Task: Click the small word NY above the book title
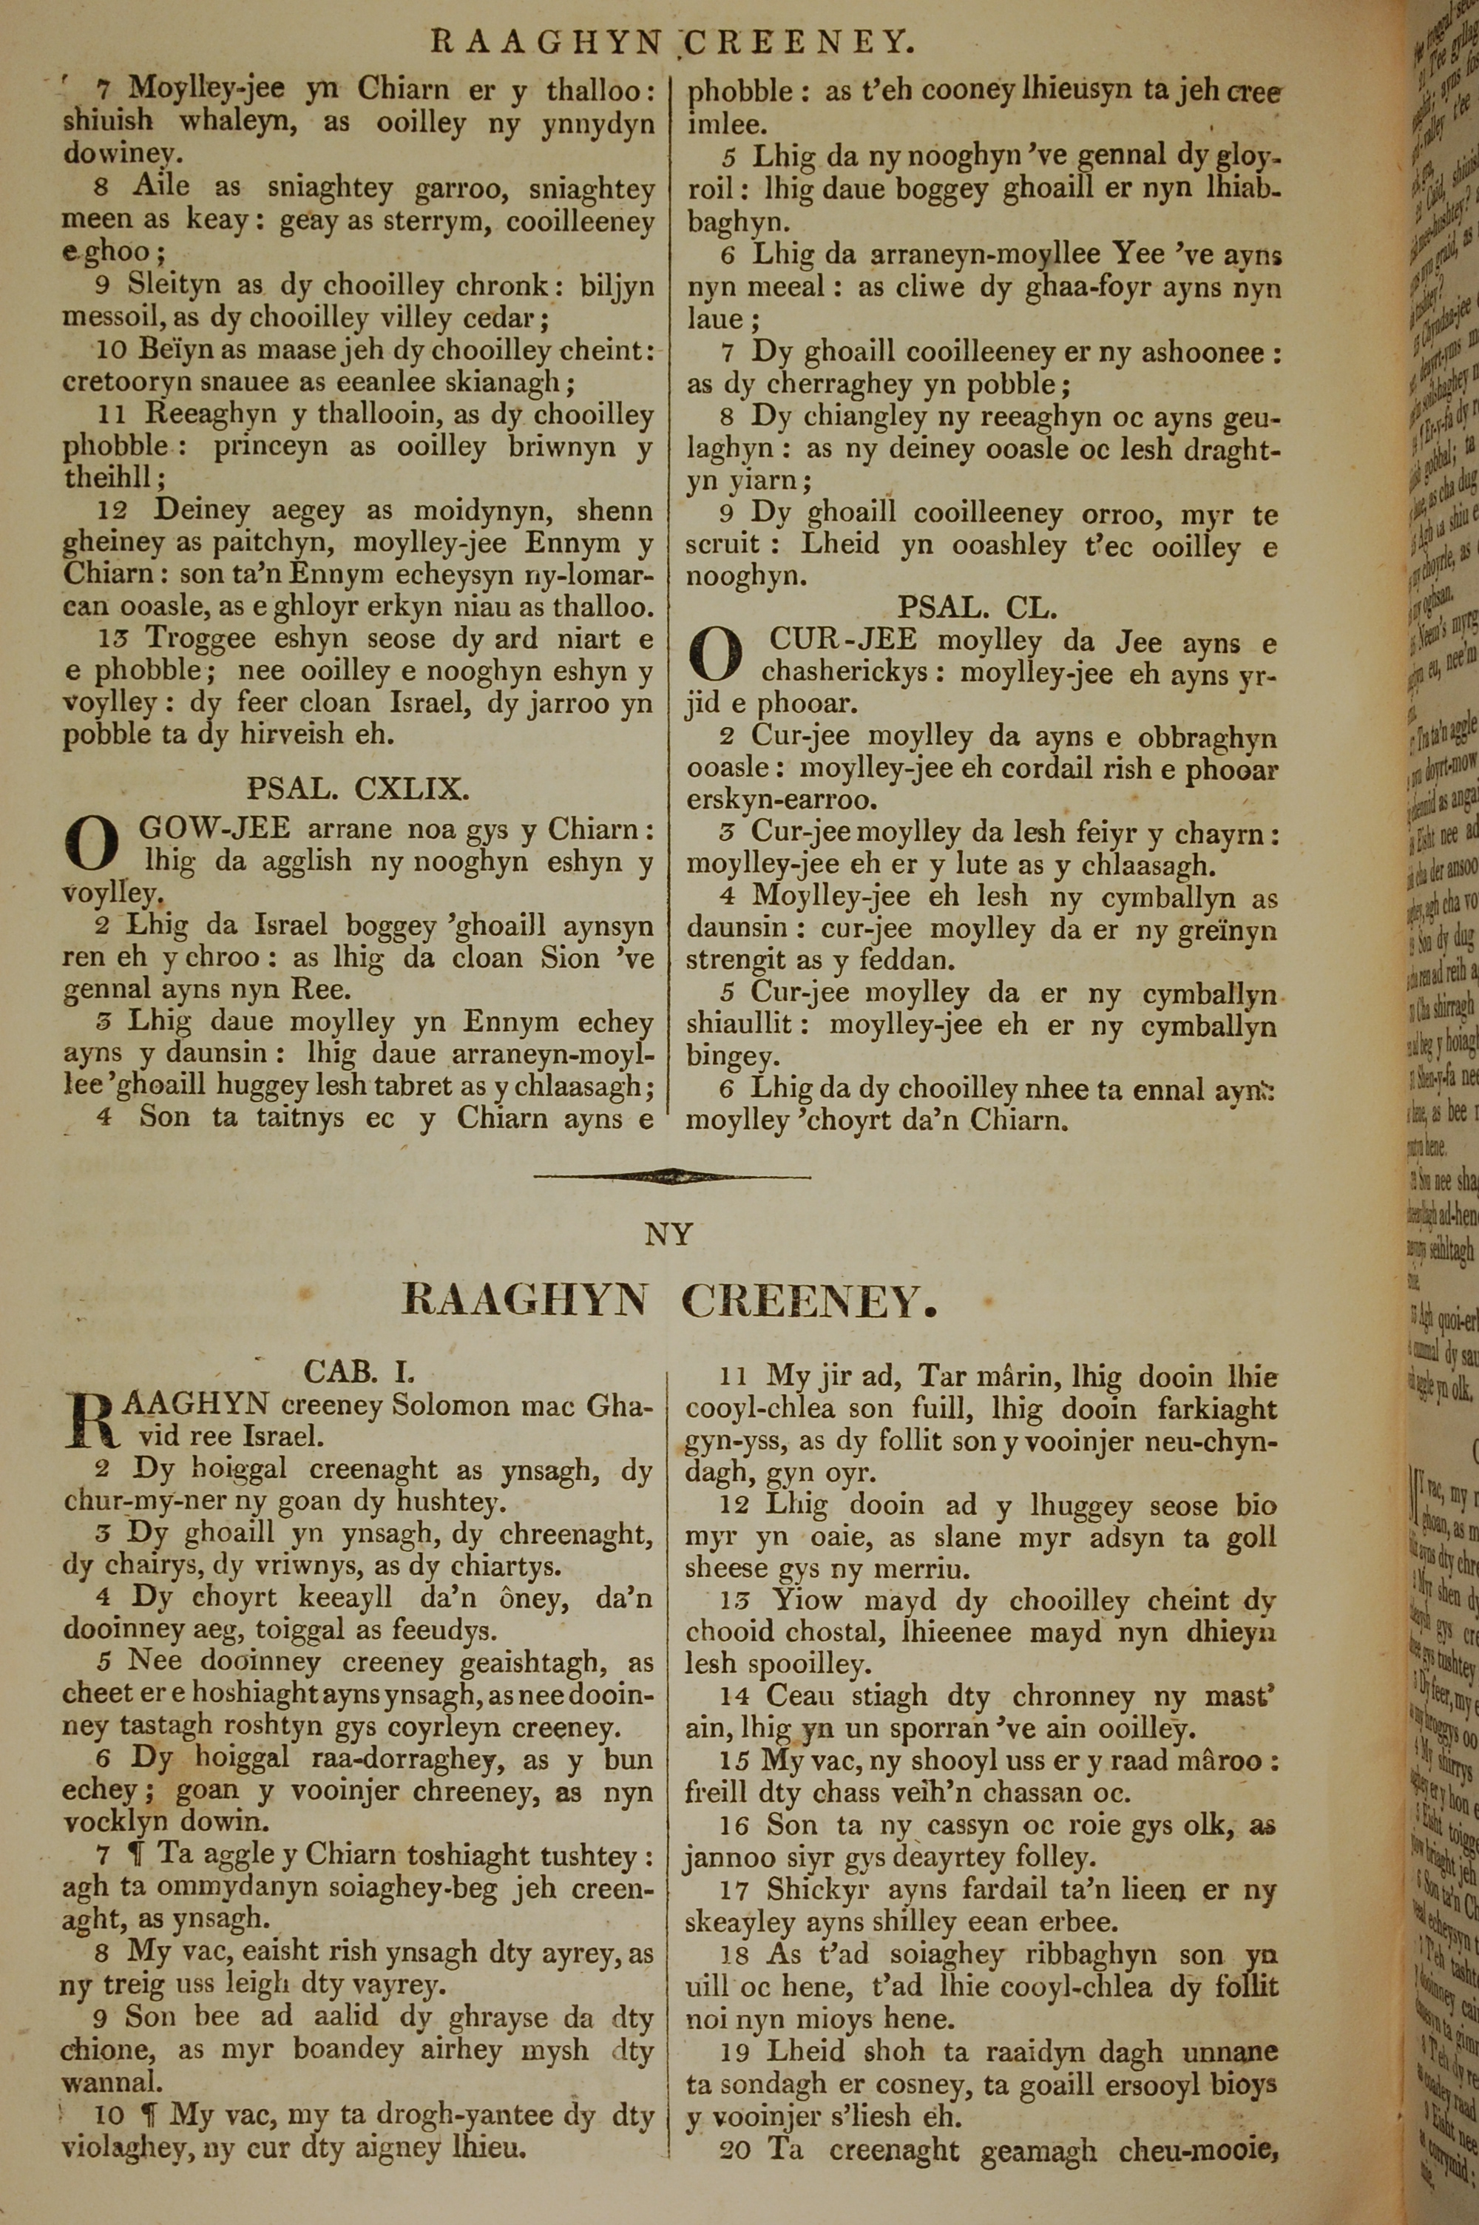669,1234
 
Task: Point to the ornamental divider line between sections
671,1175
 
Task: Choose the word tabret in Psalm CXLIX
417,1087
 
